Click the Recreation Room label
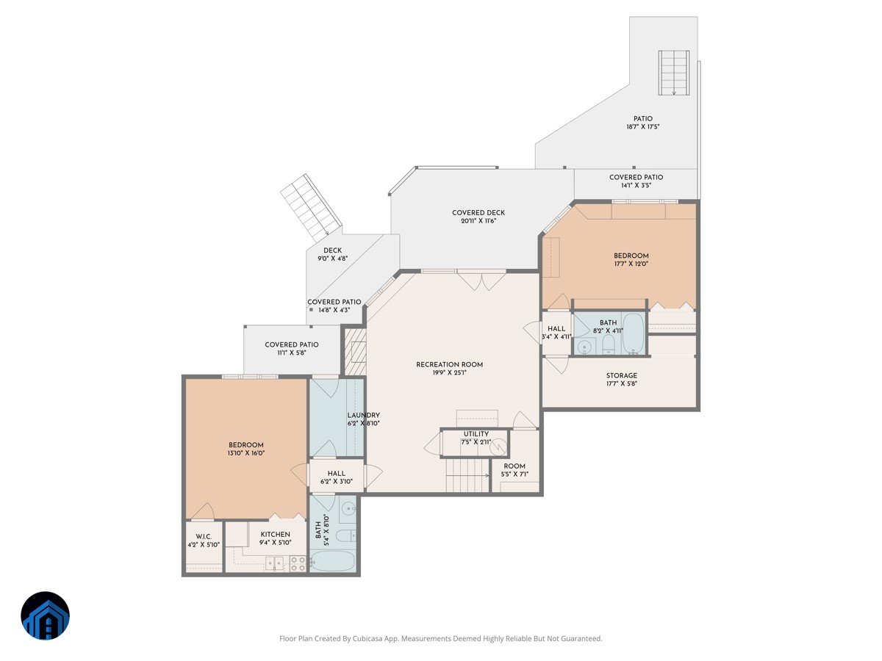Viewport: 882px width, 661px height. point(449,364)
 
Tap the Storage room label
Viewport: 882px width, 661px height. point(621,375)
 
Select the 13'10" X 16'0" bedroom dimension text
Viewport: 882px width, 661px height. point(246,453)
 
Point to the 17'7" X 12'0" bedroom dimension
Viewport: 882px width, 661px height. point(631,264)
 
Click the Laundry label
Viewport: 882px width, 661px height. point(363,415)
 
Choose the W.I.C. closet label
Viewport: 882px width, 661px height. point(204,537)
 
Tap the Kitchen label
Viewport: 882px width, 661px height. point(275,534)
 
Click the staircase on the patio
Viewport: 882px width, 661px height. point(674,73)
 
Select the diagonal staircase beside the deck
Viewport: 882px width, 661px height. point(311,207)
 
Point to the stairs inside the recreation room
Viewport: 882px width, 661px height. point(468,475)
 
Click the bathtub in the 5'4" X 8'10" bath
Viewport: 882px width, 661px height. point(332,560)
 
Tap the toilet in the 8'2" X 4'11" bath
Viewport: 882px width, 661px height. point(609,345)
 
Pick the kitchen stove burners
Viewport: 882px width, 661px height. point(298,563)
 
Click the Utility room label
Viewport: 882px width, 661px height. point(476,434)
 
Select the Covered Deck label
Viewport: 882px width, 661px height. point(478,213)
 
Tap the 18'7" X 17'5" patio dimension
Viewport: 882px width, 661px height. point(643,127)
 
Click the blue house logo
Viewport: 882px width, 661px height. point(45,615)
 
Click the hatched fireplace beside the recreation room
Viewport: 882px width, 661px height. point(355,352)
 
